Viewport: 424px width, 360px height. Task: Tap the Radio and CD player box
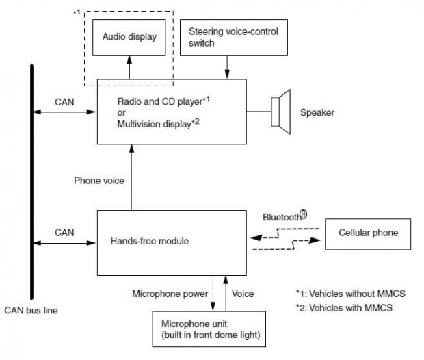click(x=171, y=111)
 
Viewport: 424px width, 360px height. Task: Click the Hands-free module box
click(x=171, y=242)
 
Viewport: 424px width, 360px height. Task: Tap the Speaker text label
click(x=317, y=112)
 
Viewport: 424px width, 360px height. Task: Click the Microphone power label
click(x=170, y=294)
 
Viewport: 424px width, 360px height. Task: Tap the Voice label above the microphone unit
click(x=243, y=294)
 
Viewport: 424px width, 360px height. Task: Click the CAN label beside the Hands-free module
click(x=64, y=233)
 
